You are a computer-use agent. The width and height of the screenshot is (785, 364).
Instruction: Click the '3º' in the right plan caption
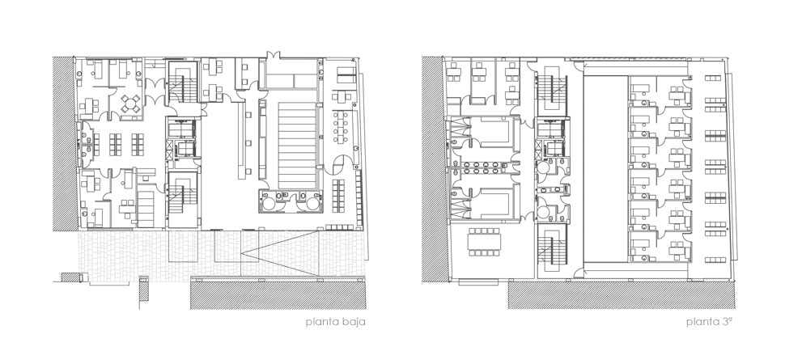(727, 322)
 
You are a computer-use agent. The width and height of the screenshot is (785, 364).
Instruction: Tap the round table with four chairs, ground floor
(130, 104)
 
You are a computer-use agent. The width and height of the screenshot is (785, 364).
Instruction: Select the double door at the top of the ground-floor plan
(274, 54)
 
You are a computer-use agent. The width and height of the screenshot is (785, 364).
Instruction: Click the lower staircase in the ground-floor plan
(183, 199)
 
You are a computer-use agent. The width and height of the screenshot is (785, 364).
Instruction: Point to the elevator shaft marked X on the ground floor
(169, 149)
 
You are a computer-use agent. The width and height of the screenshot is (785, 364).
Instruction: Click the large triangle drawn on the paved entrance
(279, 253)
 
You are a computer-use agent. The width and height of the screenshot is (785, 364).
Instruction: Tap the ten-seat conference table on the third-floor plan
(484, 242)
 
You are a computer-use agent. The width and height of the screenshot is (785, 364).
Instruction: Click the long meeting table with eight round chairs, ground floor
(343, 125)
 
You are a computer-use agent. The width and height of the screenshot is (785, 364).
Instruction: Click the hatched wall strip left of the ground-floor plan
(64, 143)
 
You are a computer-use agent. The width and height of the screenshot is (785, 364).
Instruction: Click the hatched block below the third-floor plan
(622, 295)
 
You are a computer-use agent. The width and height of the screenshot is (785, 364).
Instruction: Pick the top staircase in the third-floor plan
(551, 90)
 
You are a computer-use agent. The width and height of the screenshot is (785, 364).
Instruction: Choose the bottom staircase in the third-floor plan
(551, 249)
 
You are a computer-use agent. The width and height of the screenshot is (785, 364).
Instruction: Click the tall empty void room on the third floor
(606, 169)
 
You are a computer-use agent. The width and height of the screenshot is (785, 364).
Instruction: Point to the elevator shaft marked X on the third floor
(538, 149)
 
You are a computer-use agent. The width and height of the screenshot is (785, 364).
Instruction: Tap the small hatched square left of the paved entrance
(70, 277)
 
